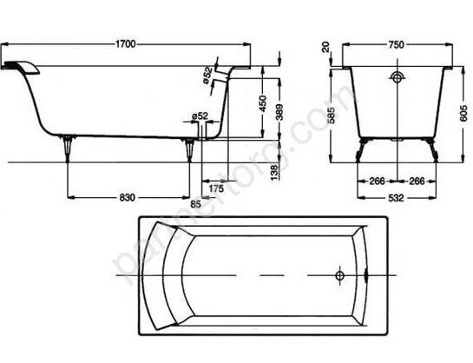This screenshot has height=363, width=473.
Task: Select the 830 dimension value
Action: [127, 198]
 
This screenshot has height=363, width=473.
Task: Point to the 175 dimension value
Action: [216, 188]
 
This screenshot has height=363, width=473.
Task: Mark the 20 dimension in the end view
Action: [325, 49]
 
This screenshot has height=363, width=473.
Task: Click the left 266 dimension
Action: [378, 181]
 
